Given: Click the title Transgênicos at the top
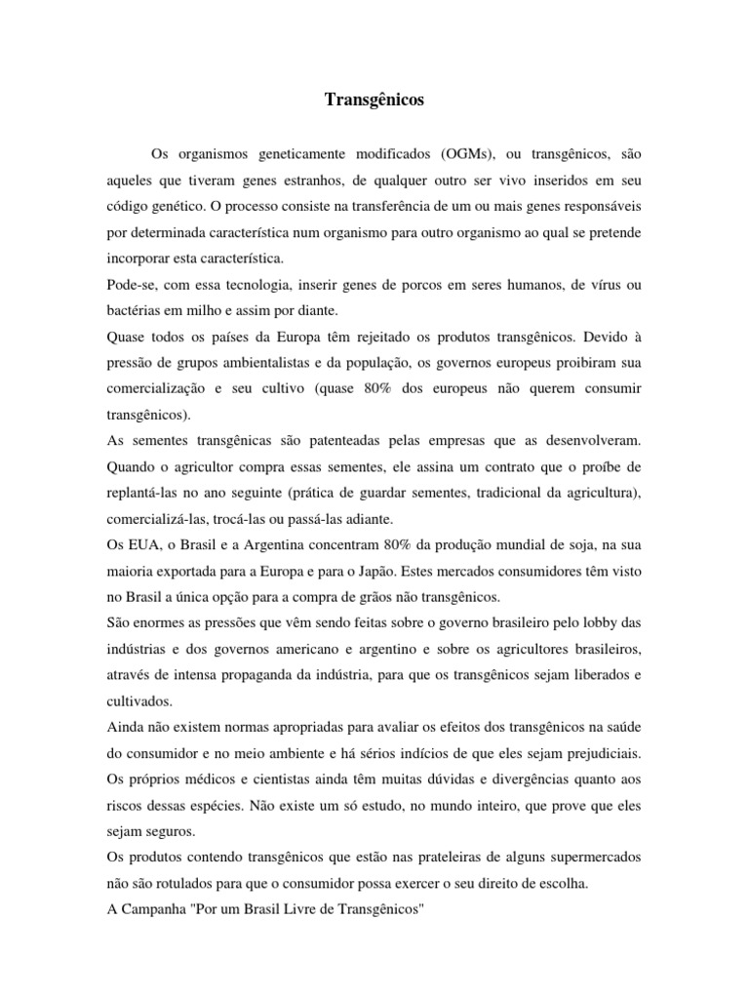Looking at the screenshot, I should click(x=374, y=100).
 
